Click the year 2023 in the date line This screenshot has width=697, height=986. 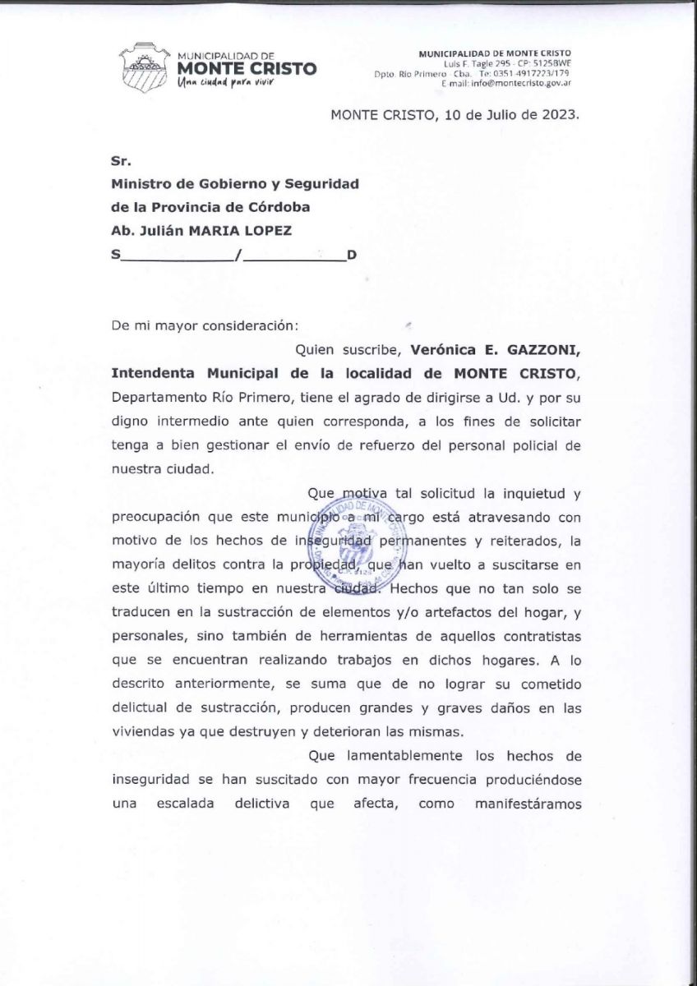coord(559,115)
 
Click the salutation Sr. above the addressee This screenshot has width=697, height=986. coord(121,162)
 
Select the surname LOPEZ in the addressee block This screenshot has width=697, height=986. coord(262,231)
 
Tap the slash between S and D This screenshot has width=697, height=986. coord(237,256)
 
